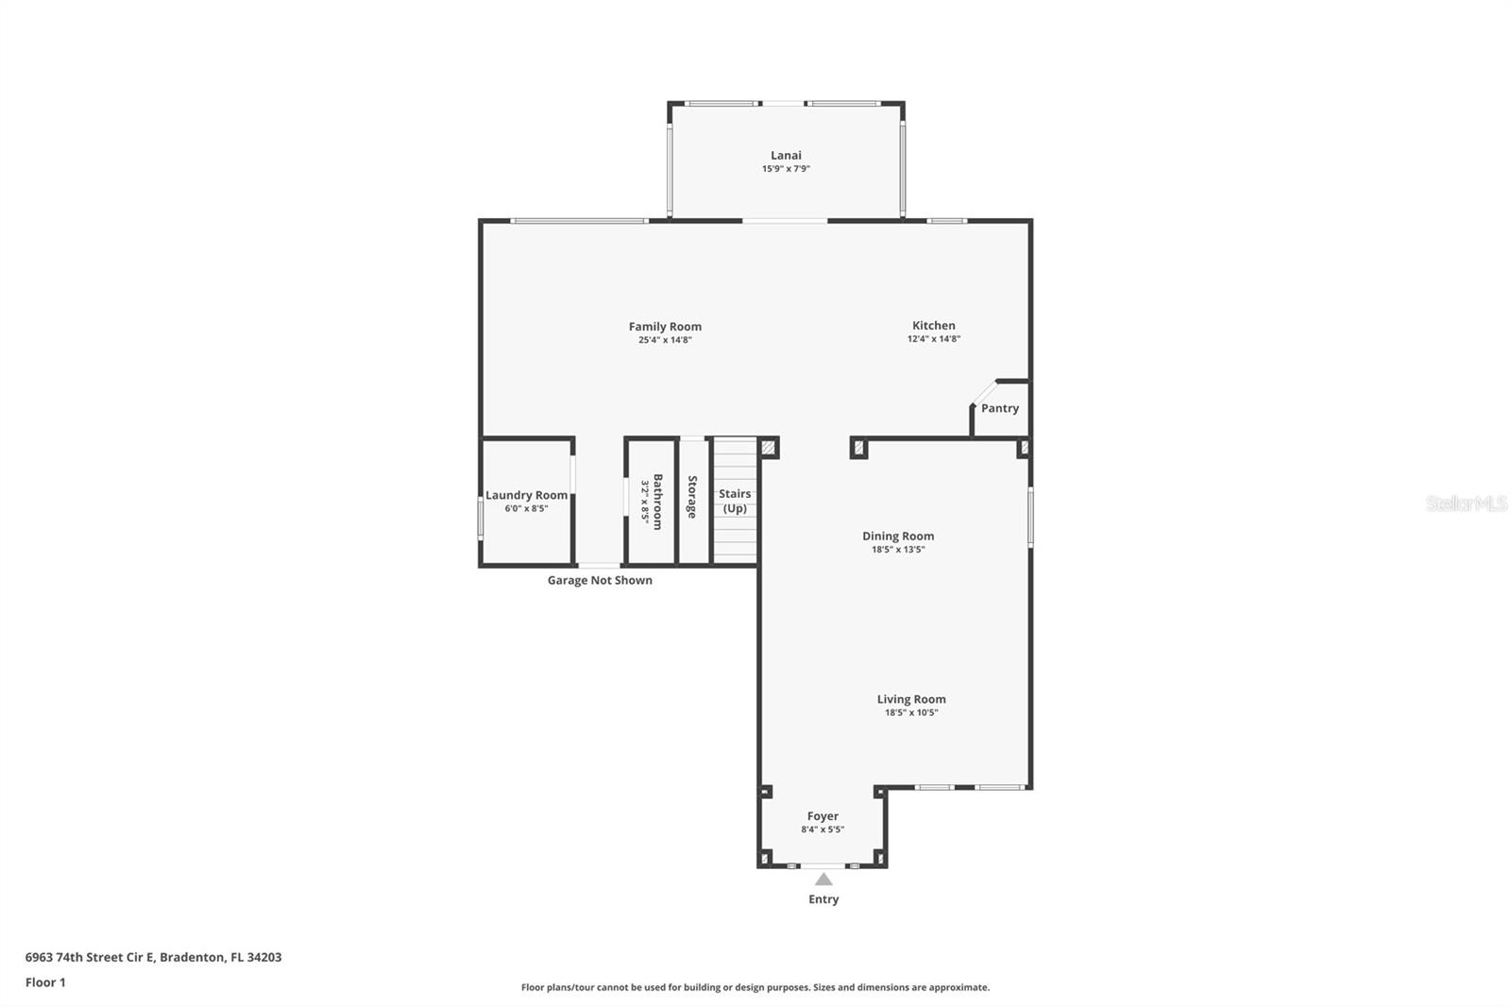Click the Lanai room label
click(x=786, y=155)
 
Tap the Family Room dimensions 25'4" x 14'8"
click(x=665, y=340)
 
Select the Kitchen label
click(x=933, y=325)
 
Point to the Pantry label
click(x=999, y=408)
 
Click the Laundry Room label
click(x=526, y=495)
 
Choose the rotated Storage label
click(x=692, y=497)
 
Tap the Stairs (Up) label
click(x=735, y=501)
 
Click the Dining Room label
click(x=897, y=536)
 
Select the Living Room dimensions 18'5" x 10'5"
click(x=910, y=712)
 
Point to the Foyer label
click(x=822, y=816)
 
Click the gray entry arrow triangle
click(x=823, y=879)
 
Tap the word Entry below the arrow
click(x=823, y=899)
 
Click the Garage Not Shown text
click(x=600, y=580)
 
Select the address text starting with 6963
click(x=153, y=957)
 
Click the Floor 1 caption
click(x=45, y=982)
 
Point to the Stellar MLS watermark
click(x=1466, y=503)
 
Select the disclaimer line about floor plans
click(x=755, y=987)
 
